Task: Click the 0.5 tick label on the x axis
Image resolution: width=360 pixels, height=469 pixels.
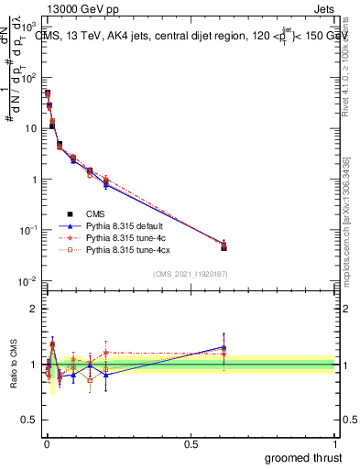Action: click(x=191, y=444)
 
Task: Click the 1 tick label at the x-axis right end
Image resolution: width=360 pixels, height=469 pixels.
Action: click(x=335, y=444)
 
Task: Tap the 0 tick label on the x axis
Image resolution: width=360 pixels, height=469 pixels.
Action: click(x=46, y=444)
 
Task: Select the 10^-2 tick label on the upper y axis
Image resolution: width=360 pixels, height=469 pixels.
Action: click(x=28, y=280)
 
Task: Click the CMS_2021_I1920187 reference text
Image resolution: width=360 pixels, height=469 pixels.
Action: click(x=190, y=274)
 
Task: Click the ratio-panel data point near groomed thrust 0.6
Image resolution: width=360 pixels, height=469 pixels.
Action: click(x=224, y=348)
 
